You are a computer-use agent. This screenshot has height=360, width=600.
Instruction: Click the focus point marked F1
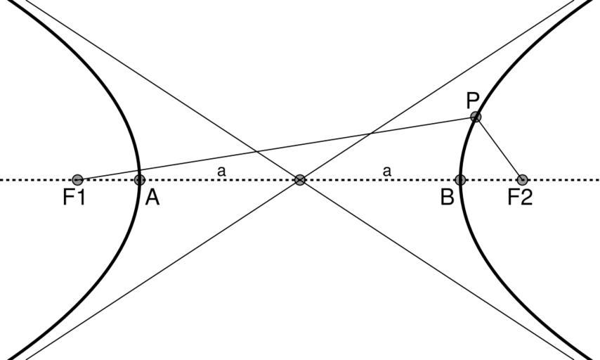pyautogui.click(x=77, y=180)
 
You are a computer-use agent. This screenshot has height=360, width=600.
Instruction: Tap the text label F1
pyautogui.click(x=74, y=198)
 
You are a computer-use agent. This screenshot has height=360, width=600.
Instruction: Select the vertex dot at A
pyautogui.click(x=140, y=180)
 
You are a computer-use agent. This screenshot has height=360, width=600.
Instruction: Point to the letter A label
pyautogui.click(x=152, y=198)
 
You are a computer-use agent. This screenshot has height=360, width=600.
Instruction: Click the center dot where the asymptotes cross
pyautogui.click(x=300, y=180)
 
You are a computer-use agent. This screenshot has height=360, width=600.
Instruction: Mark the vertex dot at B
pyautogui.click(x=460, y=180)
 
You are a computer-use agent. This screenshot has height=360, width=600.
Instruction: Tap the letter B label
pyautogui.click(x=447, y=198)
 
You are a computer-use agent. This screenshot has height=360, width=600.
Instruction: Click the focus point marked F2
pyautogui.click(x=521, y=180)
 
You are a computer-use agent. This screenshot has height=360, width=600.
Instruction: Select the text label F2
pyautogui.click(x=520, y=198)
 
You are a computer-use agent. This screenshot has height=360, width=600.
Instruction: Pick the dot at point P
pyautogui.click(x=476, y=117)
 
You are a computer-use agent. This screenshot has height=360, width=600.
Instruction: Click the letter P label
pyautogui.click(x=473, y=101)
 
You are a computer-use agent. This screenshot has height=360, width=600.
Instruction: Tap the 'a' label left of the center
pyautogui.click(x=221, y=171)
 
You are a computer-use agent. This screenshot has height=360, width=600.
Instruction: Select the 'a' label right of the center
pyautogui.click(x=386, y=171)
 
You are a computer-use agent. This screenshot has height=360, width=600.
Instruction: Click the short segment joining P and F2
pyautogui.click(x=499, y=148)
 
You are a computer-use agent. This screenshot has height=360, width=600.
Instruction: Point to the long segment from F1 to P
pyautogui.click(x=281, y=148)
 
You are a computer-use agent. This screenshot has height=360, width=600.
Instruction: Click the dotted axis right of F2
pyautogui.click(x=562, y=180)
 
